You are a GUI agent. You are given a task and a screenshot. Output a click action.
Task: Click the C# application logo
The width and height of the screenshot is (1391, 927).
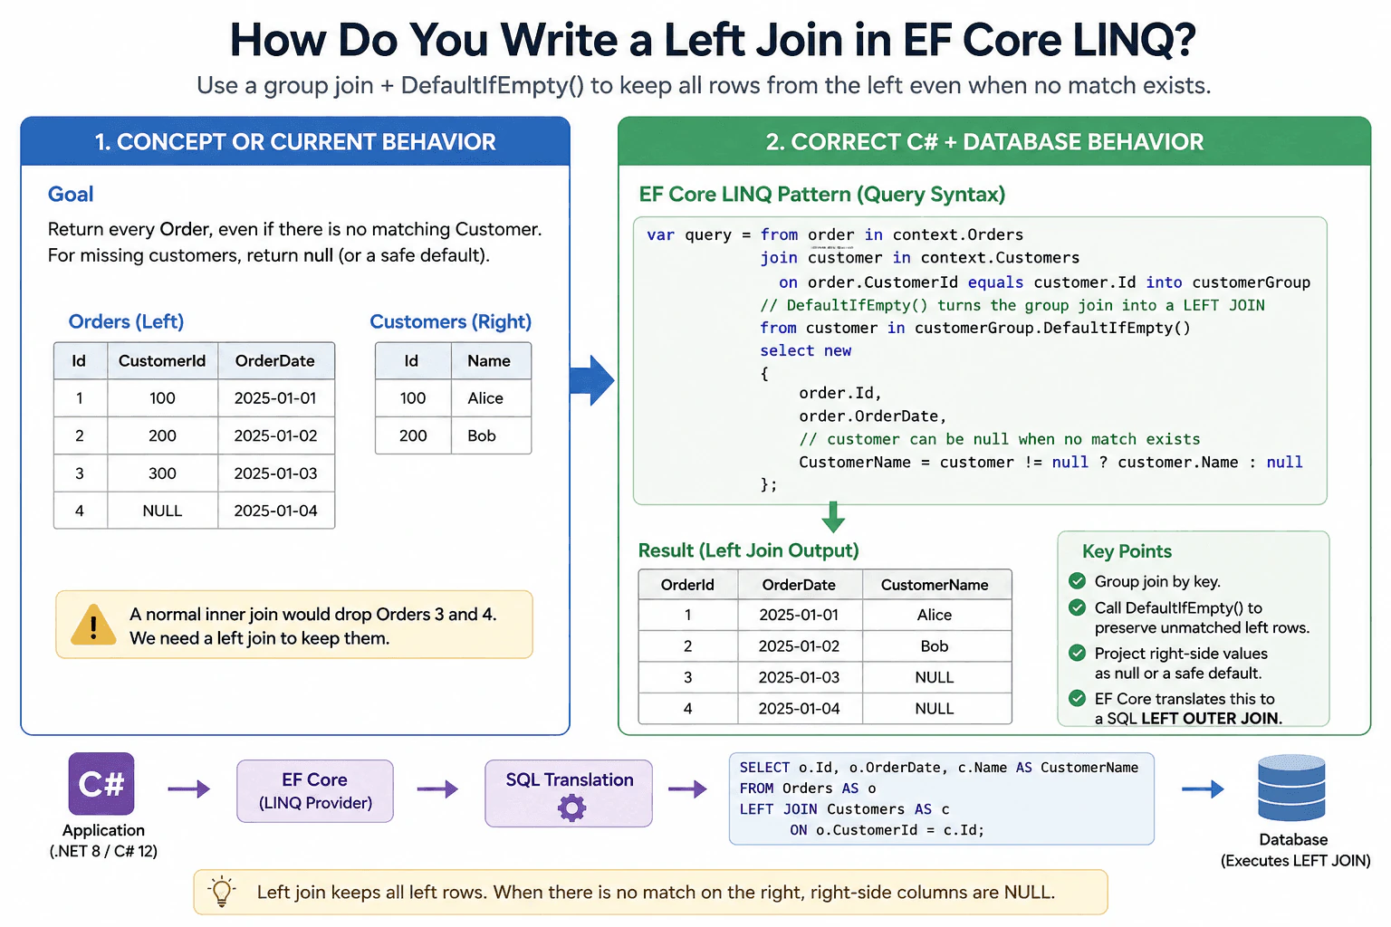(x=101, y=784)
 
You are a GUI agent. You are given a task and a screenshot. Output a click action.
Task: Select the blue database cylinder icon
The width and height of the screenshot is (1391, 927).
(x=1291, y=788)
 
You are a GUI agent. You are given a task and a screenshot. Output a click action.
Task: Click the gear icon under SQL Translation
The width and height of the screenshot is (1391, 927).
(x=571, y=808)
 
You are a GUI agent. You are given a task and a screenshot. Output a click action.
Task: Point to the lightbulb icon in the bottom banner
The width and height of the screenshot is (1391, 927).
(x=222, y=893)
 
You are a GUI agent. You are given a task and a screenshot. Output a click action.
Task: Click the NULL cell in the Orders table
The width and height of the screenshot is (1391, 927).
(x=162, y=511)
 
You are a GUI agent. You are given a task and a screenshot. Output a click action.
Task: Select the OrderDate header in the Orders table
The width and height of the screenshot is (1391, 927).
(x=275, y=360)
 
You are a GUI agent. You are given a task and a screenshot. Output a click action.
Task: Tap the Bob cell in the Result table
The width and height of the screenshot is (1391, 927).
(x=935, y=645)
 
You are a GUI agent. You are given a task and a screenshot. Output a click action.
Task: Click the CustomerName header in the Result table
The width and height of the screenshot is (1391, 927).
(x=935, y=585)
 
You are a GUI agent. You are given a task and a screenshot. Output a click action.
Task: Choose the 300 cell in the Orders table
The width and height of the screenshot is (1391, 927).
(x=162, y=473)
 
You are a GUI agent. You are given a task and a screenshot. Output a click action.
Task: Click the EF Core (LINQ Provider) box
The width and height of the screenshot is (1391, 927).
(x=315, y=791)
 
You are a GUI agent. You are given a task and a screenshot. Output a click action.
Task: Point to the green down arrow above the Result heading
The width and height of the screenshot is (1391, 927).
(x=833, y=517)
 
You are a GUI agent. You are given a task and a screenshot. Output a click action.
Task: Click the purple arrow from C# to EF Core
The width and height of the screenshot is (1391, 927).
(x=188, y=789)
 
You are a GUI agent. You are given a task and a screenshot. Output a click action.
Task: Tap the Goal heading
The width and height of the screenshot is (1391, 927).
(x=71, y=195)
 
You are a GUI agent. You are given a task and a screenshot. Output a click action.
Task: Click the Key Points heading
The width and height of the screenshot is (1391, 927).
(x=1127, y=551)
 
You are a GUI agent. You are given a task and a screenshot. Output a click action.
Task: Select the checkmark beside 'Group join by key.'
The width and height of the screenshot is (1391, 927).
(x=1078, y=581)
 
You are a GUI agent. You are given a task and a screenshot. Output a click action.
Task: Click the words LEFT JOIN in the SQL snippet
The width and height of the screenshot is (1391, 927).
(x=778, y=809)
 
